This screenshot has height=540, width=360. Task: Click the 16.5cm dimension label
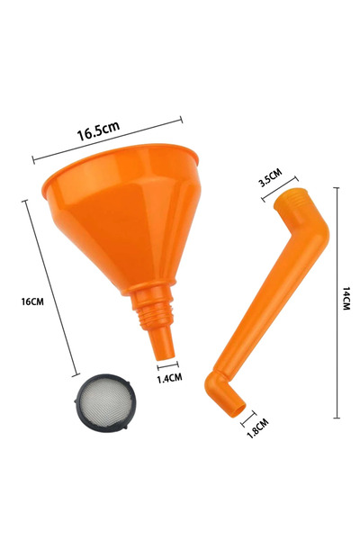97,131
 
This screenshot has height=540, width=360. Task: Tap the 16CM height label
31,301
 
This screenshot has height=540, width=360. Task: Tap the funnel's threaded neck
154,311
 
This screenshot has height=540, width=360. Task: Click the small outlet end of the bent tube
235,412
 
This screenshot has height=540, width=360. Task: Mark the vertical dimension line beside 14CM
337,301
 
